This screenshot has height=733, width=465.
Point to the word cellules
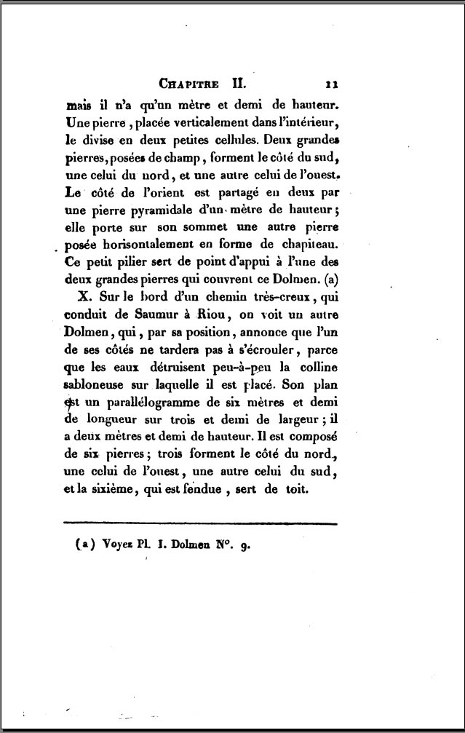[x=235, y=138]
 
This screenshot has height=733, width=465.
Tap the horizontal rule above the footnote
[x=201, y=523]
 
